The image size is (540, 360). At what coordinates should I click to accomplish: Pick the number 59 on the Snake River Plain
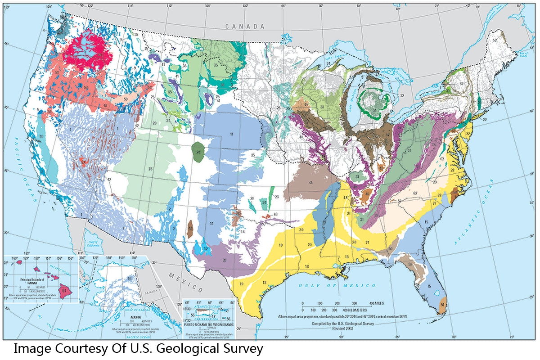click(126, 98)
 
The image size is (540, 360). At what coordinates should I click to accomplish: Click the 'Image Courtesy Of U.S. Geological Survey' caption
click(138, 348)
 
